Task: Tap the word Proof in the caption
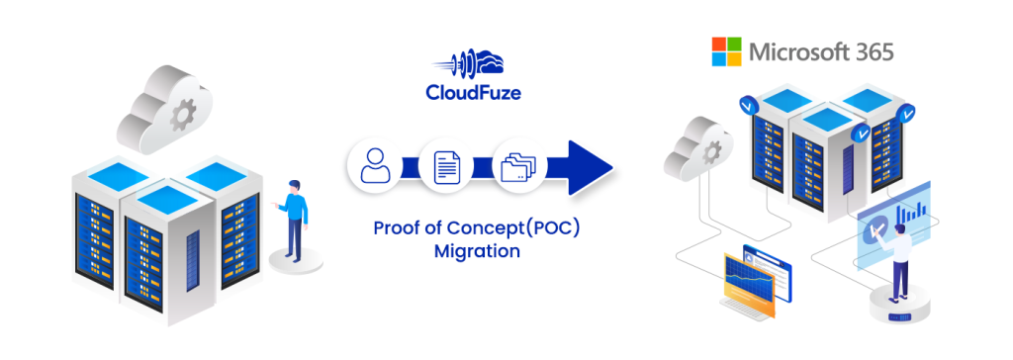pyautogui.click(x=396, y=228)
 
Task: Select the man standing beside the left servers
pyautogui.click(x=295, y=219)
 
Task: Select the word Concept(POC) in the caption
pyautogui.click(x=524, y=228)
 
